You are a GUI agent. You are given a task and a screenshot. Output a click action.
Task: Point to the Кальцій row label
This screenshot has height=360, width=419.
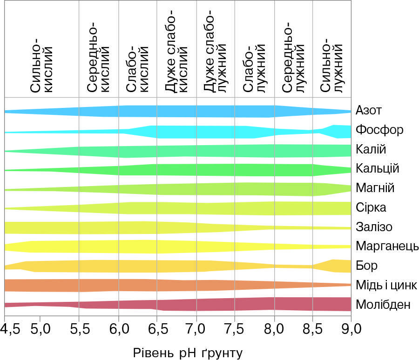point(377,168)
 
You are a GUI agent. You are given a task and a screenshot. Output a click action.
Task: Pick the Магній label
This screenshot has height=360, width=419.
point(374,188)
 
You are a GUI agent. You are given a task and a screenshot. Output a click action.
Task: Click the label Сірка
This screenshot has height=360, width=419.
point(371,207)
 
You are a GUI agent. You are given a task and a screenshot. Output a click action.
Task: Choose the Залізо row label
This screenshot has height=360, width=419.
point(373,227)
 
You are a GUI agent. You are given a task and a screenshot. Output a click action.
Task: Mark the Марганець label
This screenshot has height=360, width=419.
point(387,246)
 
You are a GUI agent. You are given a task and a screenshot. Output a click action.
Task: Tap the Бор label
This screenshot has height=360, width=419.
point(366,266)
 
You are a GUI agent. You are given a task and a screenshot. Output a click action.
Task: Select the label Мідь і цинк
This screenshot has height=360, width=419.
point(386,285)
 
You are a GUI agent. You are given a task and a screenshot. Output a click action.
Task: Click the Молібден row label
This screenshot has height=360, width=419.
point(383,305)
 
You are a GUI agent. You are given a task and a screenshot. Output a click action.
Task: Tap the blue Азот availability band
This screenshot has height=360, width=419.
point(186,111)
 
